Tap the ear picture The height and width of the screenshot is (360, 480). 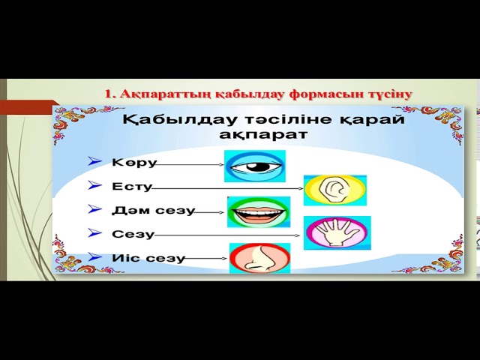[334, 190]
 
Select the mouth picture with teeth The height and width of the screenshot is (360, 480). [259, 212]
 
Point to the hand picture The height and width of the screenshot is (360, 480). [337, 232]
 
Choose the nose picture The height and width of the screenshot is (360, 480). [259, 257]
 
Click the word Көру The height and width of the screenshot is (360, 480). [134, 162]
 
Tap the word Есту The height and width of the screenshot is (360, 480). [132, 186]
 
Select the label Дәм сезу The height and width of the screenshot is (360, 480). [153, 211]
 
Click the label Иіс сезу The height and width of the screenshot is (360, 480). [148, 258]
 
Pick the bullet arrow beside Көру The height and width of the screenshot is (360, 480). [94, 161]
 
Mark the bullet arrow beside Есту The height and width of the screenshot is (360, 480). [94, 185]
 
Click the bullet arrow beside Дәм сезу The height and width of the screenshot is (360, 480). [94, 209]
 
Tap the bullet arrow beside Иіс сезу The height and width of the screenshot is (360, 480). [94, 256]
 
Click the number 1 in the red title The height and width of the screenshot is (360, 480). [108, 94]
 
